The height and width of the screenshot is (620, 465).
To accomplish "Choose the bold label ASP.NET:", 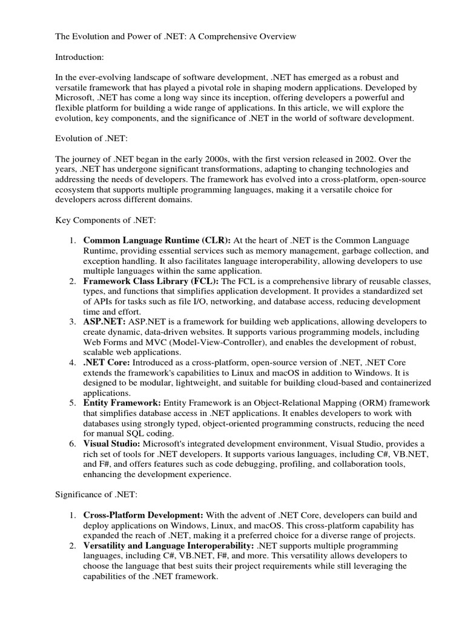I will click(x=104, y=322).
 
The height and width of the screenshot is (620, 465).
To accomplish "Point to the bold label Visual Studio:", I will click(x=111, y=444).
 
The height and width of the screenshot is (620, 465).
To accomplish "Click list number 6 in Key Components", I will click(x=71, y=444).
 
